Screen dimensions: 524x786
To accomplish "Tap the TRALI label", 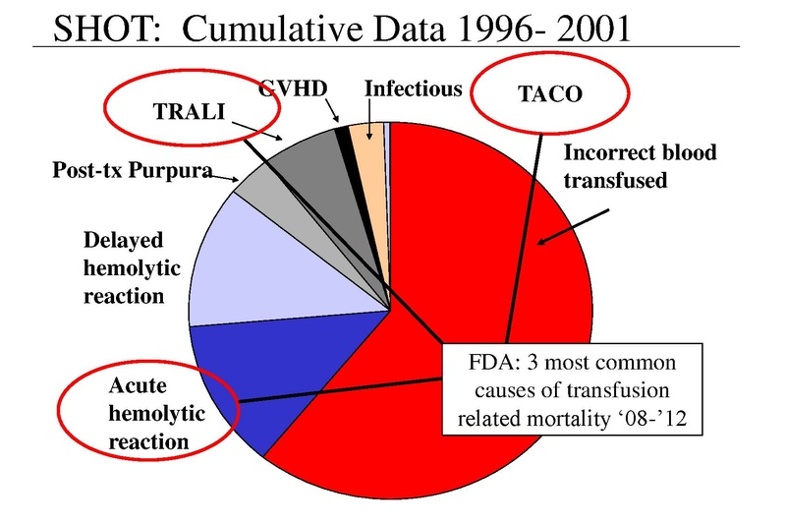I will (x=188, y=110).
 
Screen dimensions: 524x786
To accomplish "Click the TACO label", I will (x=549, y=94).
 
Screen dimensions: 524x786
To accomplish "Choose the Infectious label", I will (x=413, y=88).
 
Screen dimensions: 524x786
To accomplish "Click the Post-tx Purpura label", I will (x=132, y=171).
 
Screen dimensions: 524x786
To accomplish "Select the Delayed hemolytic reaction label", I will (x=123, y=267).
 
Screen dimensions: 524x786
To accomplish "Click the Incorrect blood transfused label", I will (x=640, y=166).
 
